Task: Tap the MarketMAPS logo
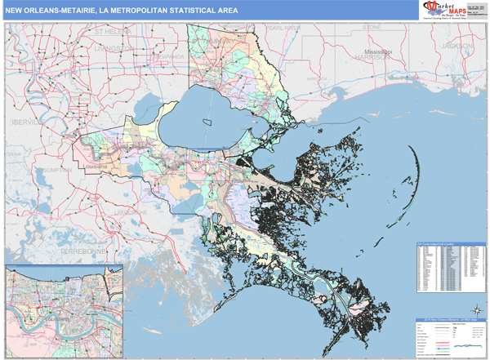point(445,9)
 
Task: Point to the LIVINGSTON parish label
point(113,48)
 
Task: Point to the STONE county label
point(372,27)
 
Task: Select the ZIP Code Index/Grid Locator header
point(448,244)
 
